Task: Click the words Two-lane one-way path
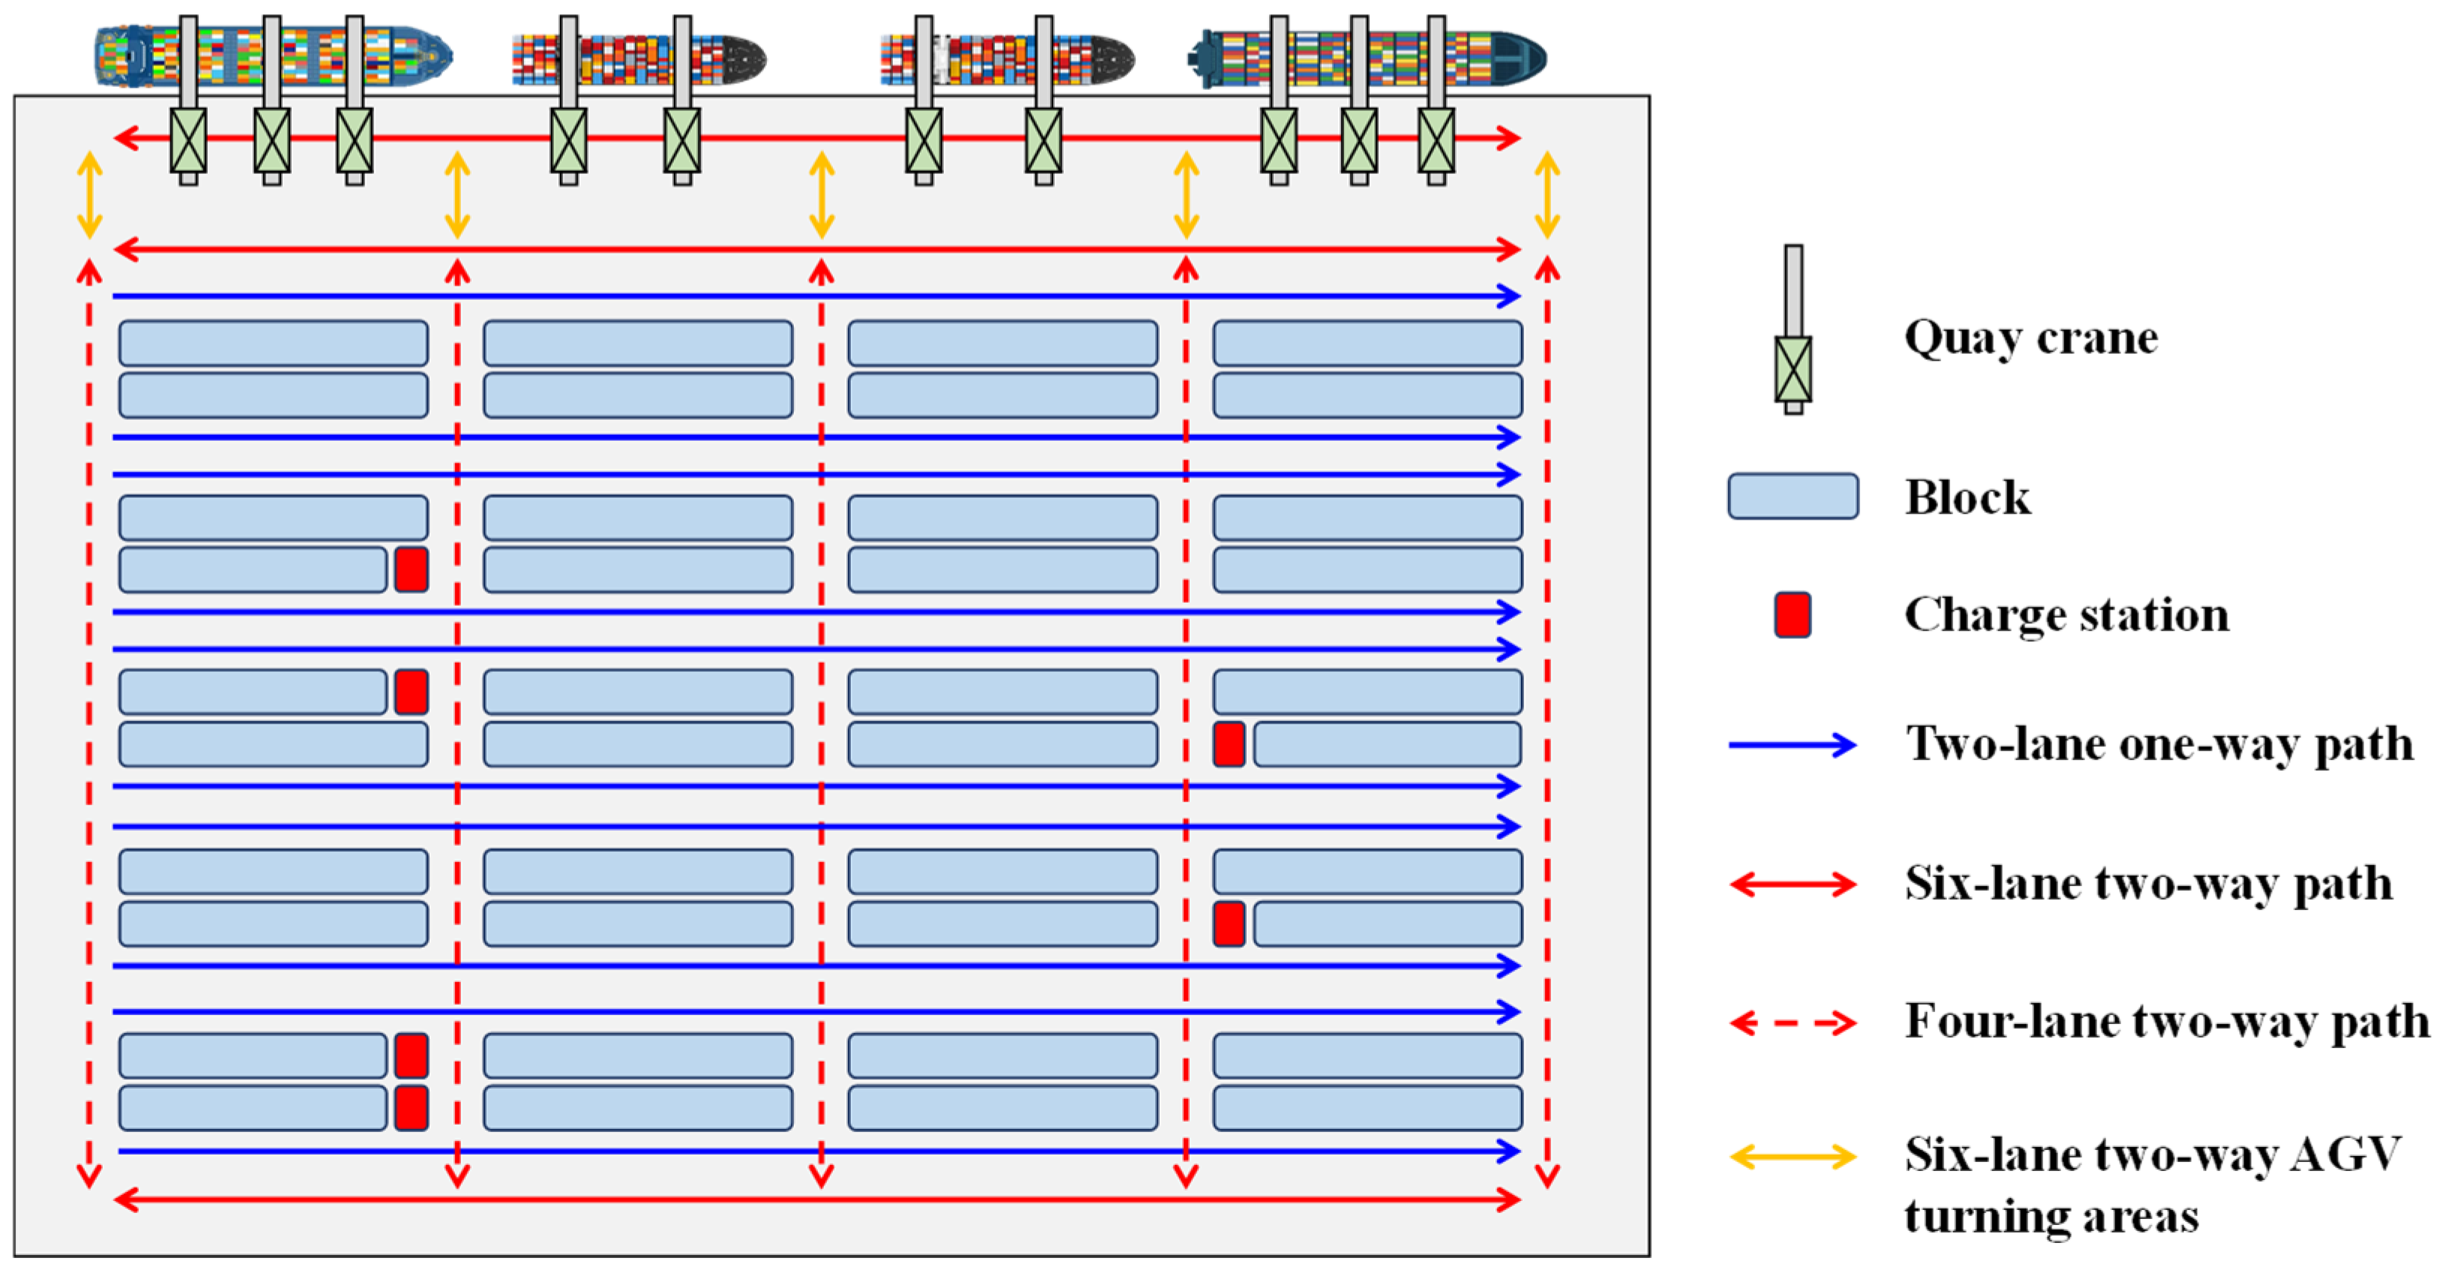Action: [2159, 744]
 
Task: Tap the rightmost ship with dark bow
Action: [1367, 57]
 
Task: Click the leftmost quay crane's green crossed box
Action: [188, 140]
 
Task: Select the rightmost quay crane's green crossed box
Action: [1436, 140]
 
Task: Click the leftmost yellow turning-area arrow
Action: [90, 195]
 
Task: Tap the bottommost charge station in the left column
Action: [411, 1107]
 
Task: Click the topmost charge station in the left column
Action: [411, 569]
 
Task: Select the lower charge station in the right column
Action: [1228, 924]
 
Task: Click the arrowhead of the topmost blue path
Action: [1510, 296]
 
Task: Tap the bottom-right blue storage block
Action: [1367, 1107]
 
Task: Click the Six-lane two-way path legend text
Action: [2148, 884]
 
